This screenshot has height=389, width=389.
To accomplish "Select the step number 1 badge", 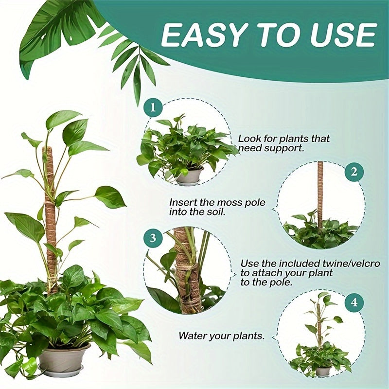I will pyautogui.click(x=153, y=108).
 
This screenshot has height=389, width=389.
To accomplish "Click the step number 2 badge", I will pyautogui.click(x=354, y=172).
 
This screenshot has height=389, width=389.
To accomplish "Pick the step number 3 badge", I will pyautogui.click(x=153, y=238).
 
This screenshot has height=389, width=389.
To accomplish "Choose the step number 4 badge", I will pyautogui.click(x=354, y=302).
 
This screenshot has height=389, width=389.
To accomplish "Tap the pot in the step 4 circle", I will pyautogui.click(x=322, y=371).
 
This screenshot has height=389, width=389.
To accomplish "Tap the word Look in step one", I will pyautogui.click(x=248, y=139).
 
